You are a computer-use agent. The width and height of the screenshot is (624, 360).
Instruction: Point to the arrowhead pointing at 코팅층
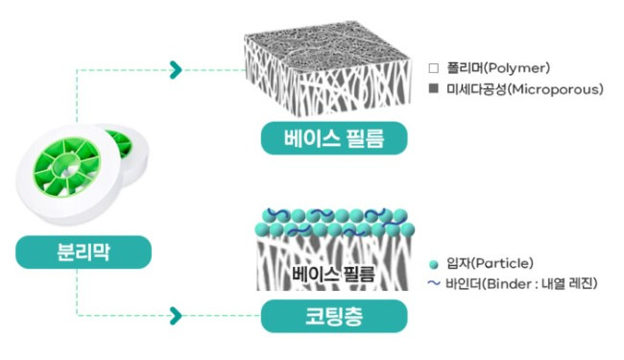pyautogui.click(x=176, y=315)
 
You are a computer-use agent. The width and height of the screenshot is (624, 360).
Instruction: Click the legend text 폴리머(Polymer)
pyautogui.click(x=506, y=69)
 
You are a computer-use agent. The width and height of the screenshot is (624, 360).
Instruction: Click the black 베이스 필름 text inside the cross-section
pyautogui.click(x=332, y=273)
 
